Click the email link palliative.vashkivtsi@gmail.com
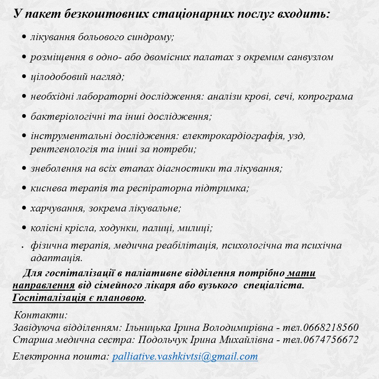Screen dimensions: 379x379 pos(185,357)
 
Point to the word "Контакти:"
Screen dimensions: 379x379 pos(41,315)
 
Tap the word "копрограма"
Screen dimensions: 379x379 pos(325,97)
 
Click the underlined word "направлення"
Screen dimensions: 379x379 pos(43,285)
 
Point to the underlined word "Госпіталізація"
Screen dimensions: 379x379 pos(49,298)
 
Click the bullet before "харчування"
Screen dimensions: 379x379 pos(24,208)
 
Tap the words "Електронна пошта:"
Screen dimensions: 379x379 pos(61,357)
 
